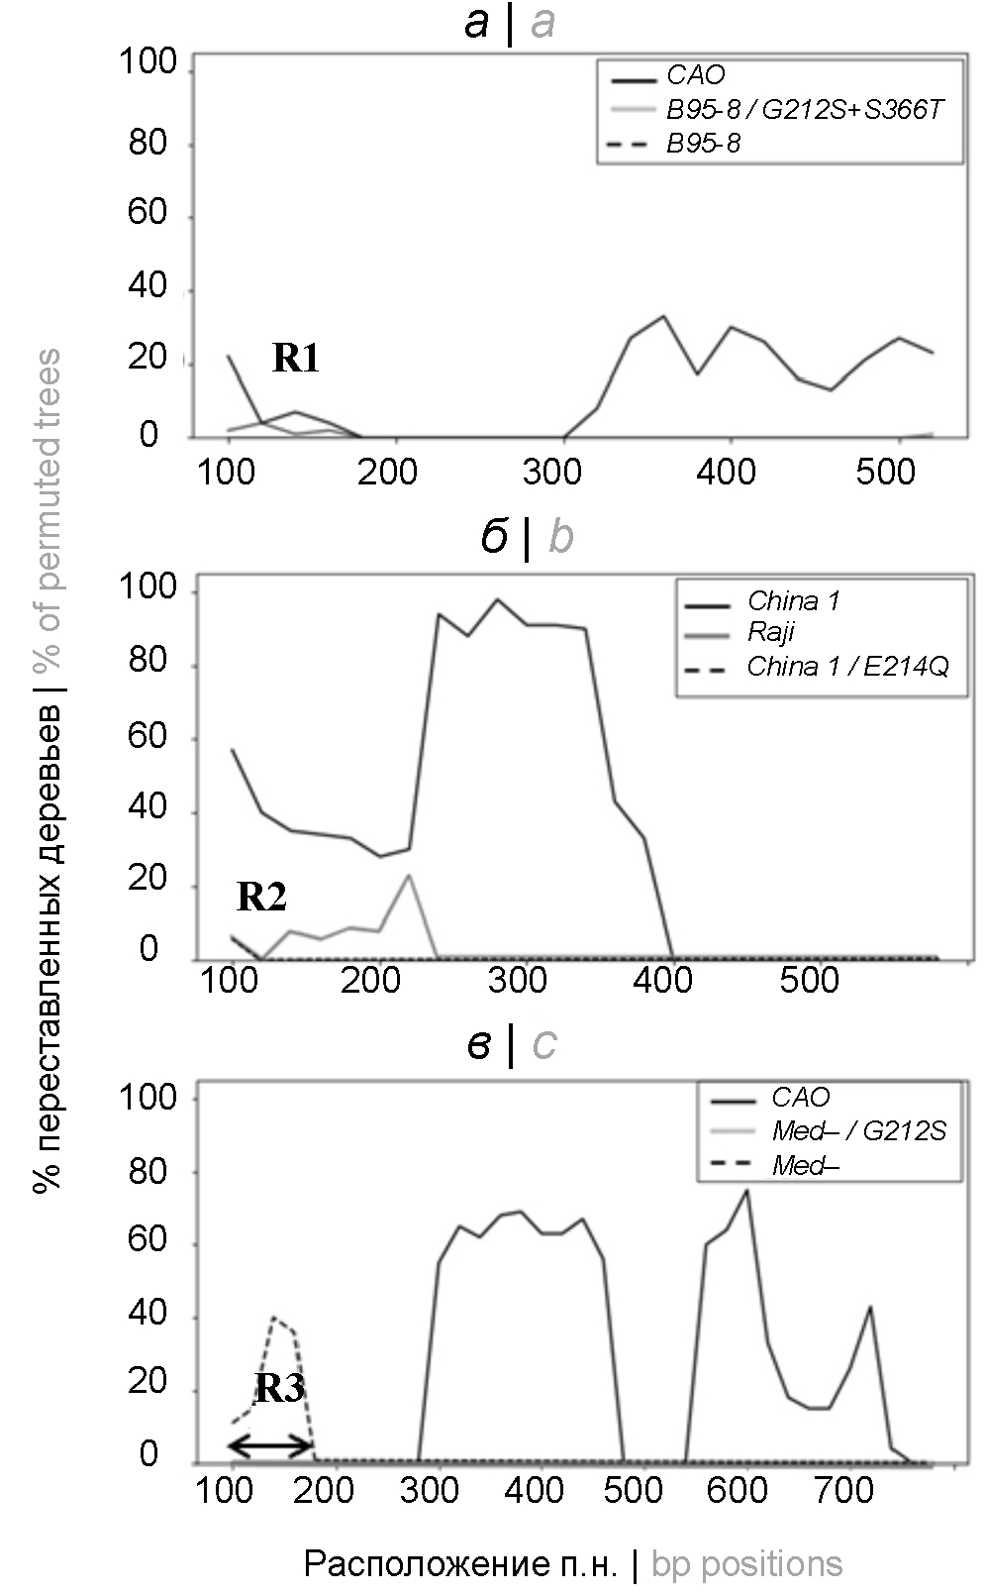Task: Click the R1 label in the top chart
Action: tap(296, 358)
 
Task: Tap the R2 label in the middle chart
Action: tap(261, 897)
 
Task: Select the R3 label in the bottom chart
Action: tap(279, 1389)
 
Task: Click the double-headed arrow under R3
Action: tap(271, 1446)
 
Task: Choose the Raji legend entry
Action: tap(771, 633)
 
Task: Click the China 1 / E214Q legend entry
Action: tap(847, 667)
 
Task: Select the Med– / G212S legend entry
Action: tap(859, 1130)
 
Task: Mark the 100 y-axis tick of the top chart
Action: tap(148, 64)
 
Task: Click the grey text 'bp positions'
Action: tap(747, 1563)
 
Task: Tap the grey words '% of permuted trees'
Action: tap(46, 509)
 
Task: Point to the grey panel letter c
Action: tap(544, 1044)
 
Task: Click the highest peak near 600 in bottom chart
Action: tap(746, 1190)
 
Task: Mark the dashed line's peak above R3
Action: tap(273, 1317)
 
